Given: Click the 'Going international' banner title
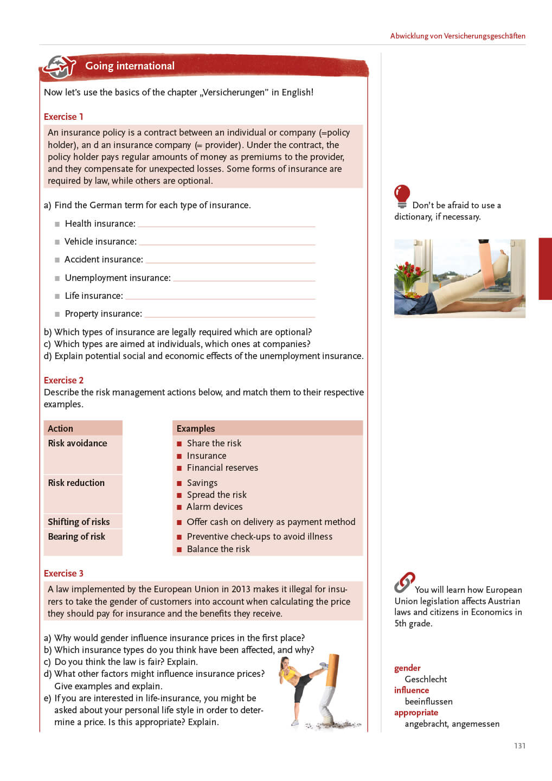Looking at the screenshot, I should [130, 66].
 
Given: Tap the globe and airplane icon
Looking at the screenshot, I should [59, 67].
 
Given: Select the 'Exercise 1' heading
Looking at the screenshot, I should [63, 117].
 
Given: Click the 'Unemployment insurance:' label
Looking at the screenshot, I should [118, 278].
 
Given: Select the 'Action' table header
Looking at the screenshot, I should [60, 428].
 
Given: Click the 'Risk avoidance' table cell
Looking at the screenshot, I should [78, 443].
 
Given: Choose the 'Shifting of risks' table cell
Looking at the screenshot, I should [79, 522].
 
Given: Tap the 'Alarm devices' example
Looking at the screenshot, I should [215, 507].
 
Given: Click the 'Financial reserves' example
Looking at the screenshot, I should [222, 468].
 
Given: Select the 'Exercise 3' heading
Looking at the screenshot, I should [63, 573].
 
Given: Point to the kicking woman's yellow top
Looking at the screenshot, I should [290, 675].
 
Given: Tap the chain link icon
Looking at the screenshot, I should [405, 582].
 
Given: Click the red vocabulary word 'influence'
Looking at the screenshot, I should [412, 690].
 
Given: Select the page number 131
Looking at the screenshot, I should [519, 746].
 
